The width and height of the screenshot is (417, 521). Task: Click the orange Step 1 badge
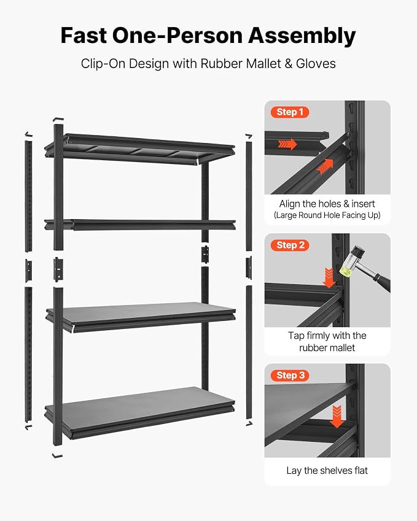pos(290,112)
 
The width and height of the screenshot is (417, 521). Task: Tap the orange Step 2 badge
pos(290,245)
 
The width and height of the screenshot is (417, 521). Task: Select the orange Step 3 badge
pos(290,376)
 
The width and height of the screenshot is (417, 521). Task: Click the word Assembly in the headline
pos(302,36)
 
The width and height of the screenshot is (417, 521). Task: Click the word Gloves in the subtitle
pos(316,63)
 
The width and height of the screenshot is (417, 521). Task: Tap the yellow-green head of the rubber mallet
pos(346,266)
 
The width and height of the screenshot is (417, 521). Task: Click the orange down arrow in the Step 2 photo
pos(329,278)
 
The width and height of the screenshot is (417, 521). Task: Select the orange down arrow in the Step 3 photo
pos(337,416)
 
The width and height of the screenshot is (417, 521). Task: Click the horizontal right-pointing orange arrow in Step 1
pos(287,144)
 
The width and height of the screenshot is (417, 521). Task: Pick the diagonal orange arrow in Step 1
pos(325,166)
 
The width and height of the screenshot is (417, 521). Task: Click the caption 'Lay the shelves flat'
pos(327,471)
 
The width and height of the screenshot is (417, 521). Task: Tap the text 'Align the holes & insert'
pos(327,203)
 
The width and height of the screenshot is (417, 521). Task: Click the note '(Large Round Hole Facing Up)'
pos(327,215)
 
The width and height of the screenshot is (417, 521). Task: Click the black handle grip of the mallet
pos(383,281)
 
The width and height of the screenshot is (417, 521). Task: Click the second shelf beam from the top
pos(140,225)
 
